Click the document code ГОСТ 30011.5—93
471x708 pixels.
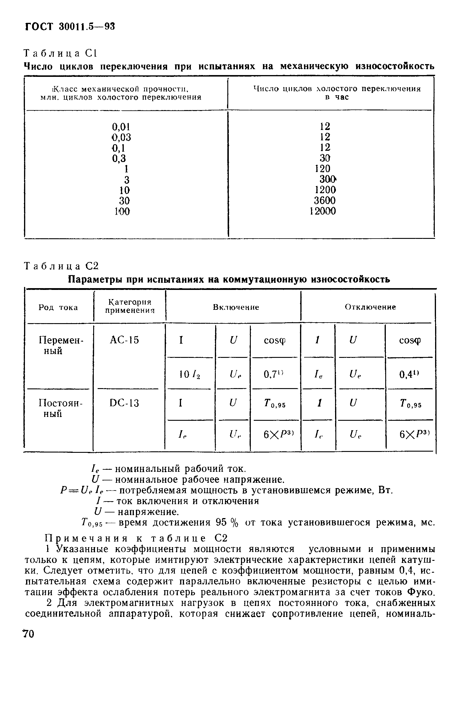pyautogui.click(x=70, y=27)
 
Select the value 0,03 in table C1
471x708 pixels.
pyautogui.click(x=122, y=137)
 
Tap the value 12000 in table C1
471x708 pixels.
pyautogui.click(x=323, y=211)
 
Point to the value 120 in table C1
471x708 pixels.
pyautogui.click(x=323, y=169)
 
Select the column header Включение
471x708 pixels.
pyautogui.click(x=236, y=307)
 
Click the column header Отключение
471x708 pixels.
pyautogui.click(x=370, y=307)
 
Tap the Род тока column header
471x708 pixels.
pyautogui.click(x=58, y=307)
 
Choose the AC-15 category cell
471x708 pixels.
pyautogui.click(x=124, y=340)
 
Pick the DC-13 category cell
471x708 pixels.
pyautogui.click(x=124, y=403)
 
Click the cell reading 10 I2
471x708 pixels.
pyautogui.click(x=189, y=374)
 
